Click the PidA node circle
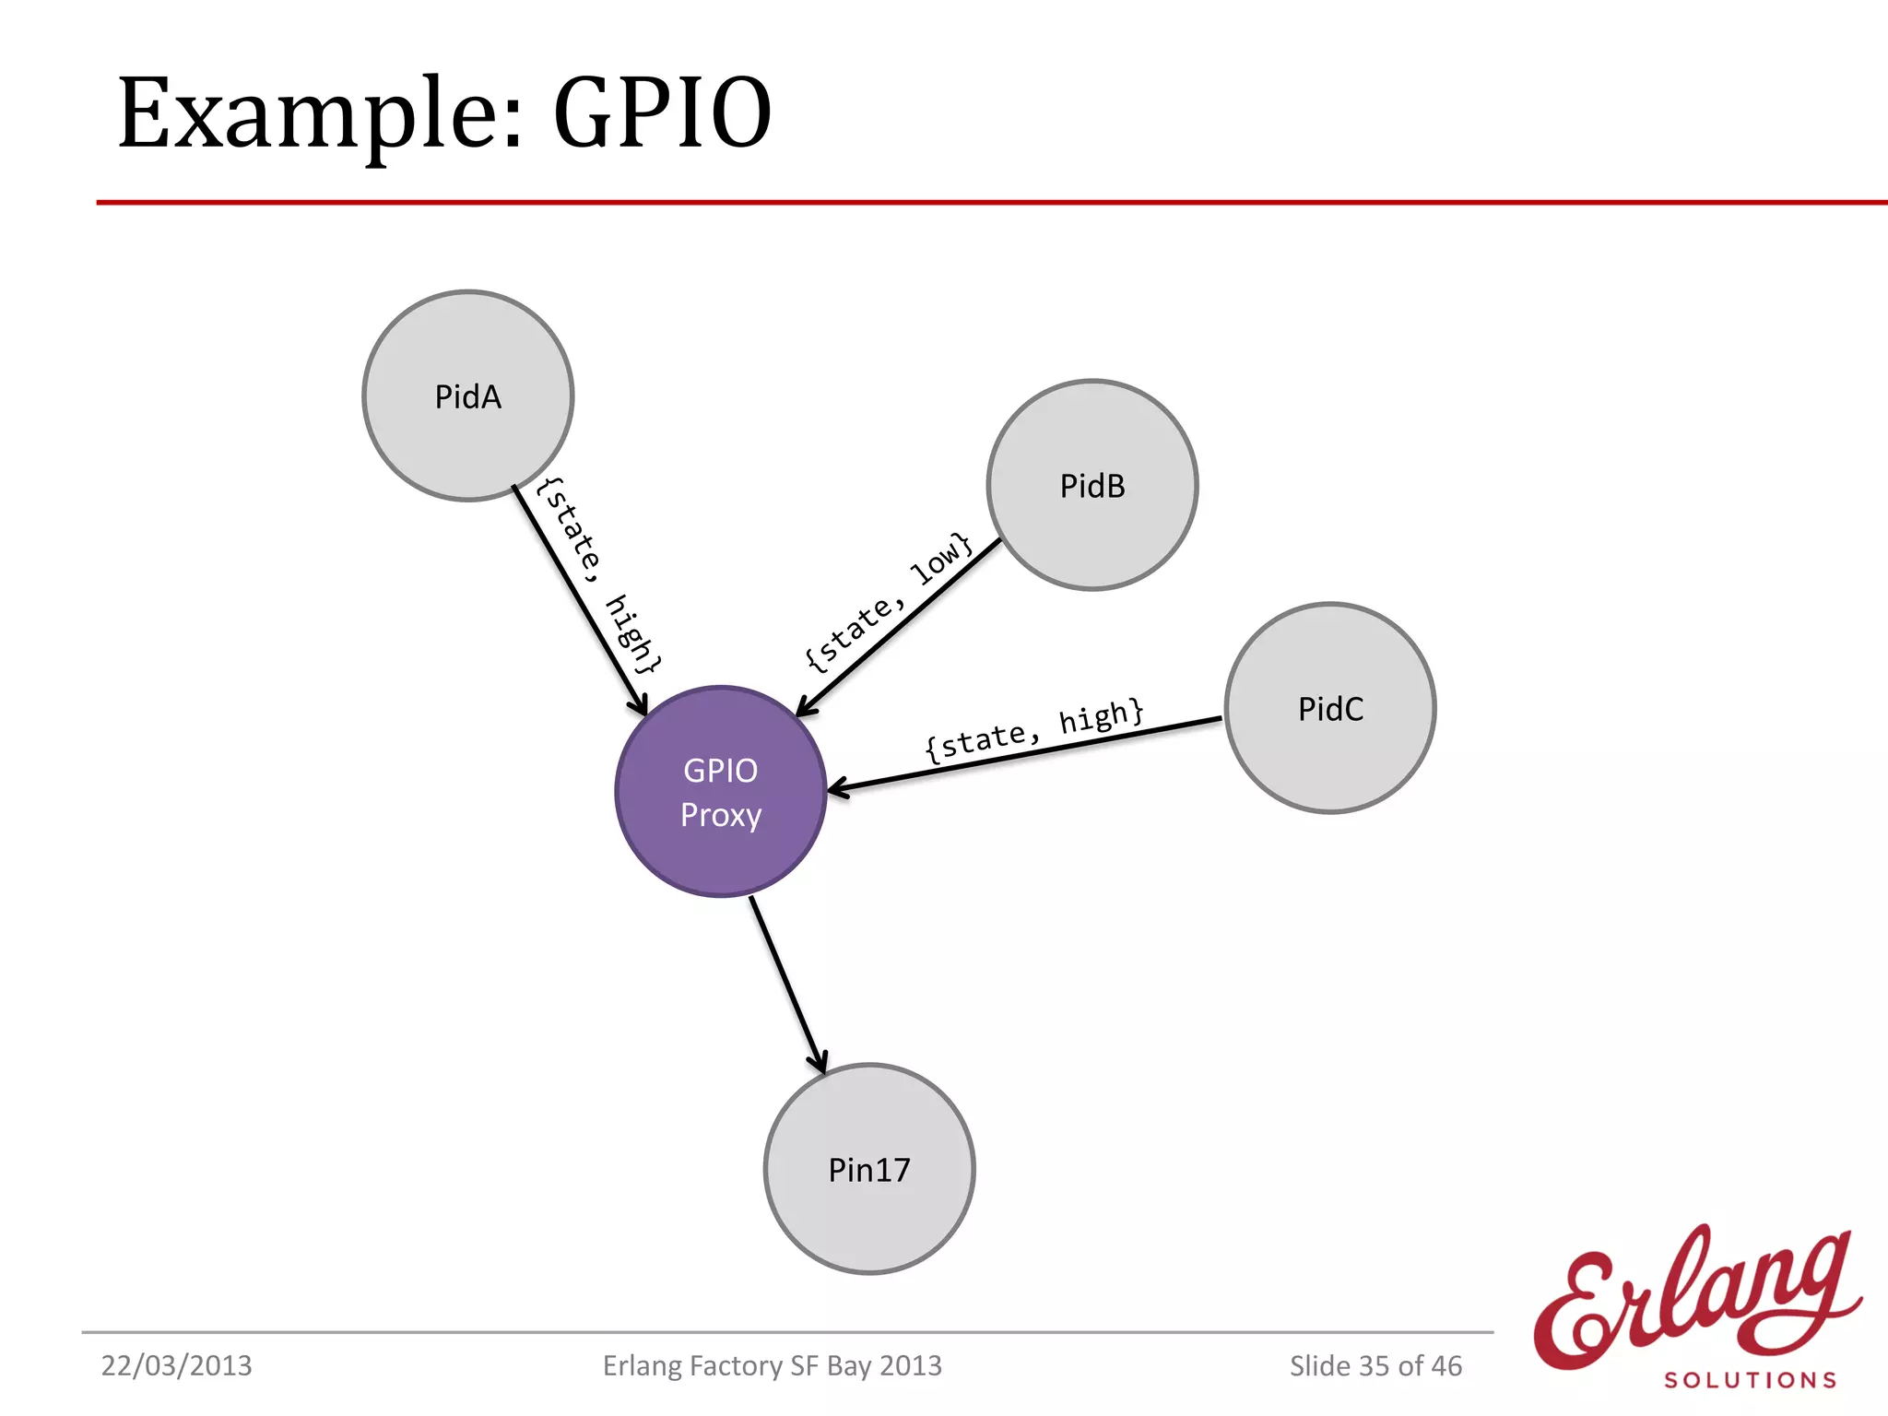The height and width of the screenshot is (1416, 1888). (x=468, y=395)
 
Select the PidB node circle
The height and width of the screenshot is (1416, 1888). (x=1092, y=485)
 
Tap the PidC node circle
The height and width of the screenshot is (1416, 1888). (x=1330, y=708)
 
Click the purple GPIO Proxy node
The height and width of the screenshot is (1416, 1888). (x=721, y=791)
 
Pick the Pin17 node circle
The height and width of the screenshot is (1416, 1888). (x=869, y=1169)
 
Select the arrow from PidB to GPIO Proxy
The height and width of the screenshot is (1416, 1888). (x=899, y=627)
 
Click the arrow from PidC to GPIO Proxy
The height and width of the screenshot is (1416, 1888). (x=1023, y=755)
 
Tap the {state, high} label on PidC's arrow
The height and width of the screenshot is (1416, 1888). (x=1034, y=729)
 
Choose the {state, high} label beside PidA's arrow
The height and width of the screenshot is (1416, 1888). (x=599, y=577)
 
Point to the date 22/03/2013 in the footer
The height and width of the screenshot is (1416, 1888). (x=176, y=1365)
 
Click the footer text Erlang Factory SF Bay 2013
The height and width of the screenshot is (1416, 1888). (x=772, y=1365)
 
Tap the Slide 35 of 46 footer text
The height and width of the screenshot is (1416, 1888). (x=1375, y=1365)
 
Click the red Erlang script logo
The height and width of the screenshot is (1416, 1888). (x=1696, y=1300)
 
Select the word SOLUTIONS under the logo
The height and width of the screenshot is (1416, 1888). (x=1750, y=1380)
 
